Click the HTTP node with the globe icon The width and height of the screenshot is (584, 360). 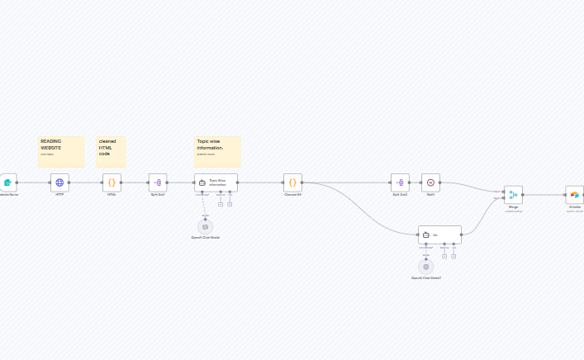pos(59,182)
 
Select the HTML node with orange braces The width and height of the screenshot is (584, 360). pos(112,182)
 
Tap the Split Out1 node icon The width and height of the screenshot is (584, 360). pos(158,182)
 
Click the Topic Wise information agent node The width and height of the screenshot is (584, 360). pos(216,182)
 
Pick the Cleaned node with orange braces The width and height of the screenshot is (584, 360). pos(292,182)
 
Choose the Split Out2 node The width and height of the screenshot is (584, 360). pos(400,182)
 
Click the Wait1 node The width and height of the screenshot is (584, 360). pos(430,182)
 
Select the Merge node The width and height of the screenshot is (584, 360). pos(513,195)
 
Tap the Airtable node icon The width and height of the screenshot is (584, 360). pos(574,195)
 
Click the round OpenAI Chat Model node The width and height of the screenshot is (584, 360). pos(205,226)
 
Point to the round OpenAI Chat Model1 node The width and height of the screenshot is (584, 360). pos(426,267)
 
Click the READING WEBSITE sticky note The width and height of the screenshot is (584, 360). pos(60,151)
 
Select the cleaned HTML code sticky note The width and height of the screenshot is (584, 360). pos(114,151)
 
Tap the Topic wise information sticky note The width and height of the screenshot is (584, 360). pos(217,151)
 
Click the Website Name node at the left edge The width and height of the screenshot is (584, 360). pos(7,182)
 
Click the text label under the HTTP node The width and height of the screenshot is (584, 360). pos(59,195)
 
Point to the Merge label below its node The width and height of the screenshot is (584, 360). pos(513,206)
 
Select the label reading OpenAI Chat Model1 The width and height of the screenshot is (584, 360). pos(426,278)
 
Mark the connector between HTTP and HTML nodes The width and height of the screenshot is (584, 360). pos(85,182)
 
